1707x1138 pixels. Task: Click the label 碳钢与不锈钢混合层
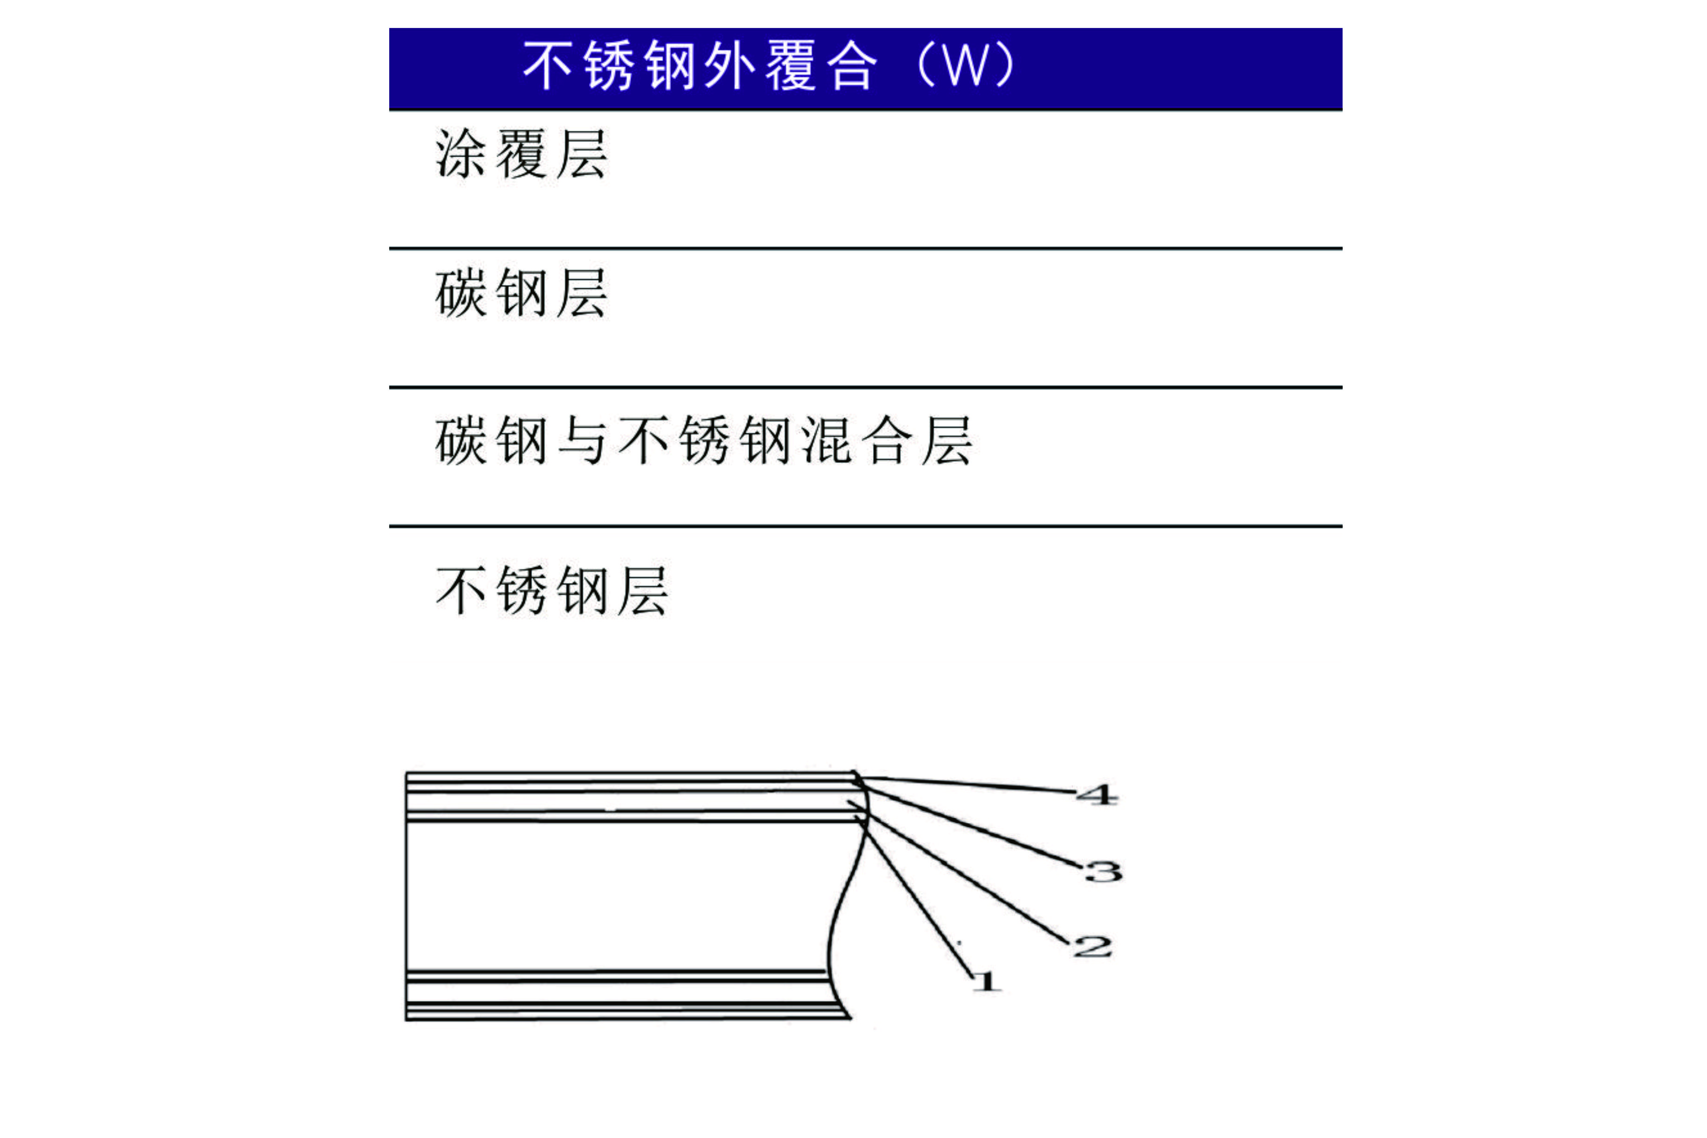[x=704, y=440]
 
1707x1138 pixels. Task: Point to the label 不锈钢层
[x=552, y=591]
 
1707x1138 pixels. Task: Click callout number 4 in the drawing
[x=1097, y=795]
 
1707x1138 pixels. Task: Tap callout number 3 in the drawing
[x=1103, y=871]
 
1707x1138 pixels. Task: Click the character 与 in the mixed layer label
[x=582, y=440]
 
